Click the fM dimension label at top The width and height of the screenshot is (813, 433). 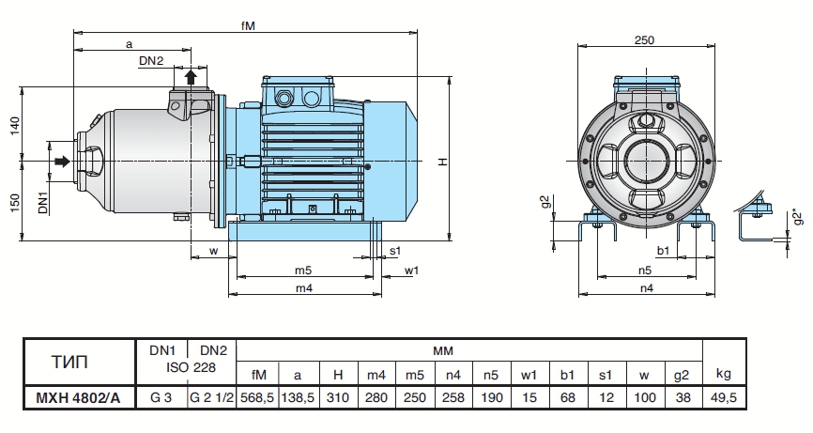pos(246,26)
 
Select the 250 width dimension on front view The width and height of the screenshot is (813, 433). pos(644,39)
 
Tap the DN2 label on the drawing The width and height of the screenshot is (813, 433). pos(151,61)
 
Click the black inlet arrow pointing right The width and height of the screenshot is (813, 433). pos(62,162)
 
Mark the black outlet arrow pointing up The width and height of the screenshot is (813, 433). pos(191,76)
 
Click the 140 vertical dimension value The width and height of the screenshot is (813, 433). pos(14,126)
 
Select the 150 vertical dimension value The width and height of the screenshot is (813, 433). pos(14,203)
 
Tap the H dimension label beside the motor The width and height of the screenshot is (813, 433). pos(440,162)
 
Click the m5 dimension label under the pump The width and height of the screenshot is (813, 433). pos(302,271)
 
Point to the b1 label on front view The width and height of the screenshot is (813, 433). pos(663,251)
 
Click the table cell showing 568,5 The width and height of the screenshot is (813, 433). pos(257,398)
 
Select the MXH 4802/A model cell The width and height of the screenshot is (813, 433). pos(78,398)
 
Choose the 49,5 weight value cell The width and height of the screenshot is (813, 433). pos(724,398)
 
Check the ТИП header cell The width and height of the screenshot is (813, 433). pos(78,362)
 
